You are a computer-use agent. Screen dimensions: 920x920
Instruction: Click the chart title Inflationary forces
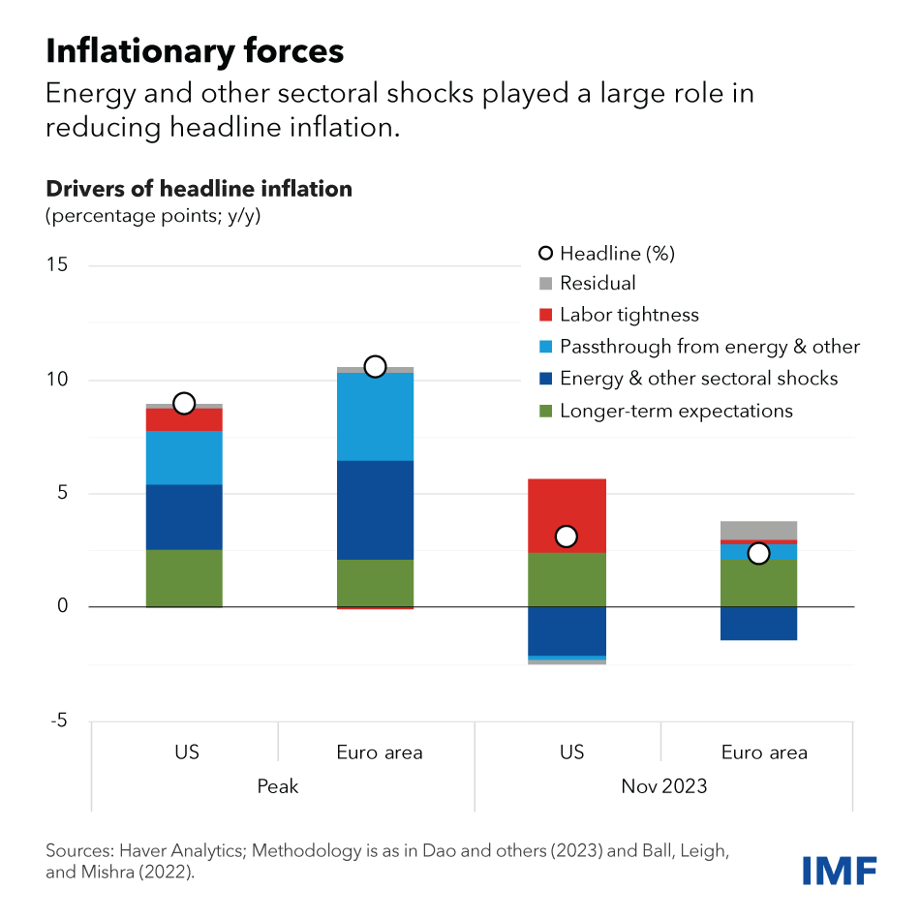195,50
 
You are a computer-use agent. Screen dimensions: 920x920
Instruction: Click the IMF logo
839,869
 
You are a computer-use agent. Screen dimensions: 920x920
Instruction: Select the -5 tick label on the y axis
57,721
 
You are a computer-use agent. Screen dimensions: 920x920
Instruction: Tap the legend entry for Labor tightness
629,315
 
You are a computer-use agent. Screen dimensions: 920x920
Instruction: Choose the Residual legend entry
598,283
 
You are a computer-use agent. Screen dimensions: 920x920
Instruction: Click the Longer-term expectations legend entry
676,411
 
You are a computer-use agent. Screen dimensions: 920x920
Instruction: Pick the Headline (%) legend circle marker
545,253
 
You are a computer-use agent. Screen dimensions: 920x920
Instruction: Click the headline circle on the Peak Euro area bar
375,366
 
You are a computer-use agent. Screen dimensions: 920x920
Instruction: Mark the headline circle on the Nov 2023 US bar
567,537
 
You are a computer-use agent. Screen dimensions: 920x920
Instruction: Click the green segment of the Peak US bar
184,578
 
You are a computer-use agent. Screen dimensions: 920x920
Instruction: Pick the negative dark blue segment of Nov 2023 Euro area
759,623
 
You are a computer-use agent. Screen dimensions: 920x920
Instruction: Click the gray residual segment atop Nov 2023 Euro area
759,530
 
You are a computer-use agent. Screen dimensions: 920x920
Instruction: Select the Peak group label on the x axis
278,785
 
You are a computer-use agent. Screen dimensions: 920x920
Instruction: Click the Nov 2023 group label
663,785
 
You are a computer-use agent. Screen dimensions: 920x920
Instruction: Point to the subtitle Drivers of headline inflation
199,189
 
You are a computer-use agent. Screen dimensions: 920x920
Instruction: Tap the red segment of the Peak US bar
184,419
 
